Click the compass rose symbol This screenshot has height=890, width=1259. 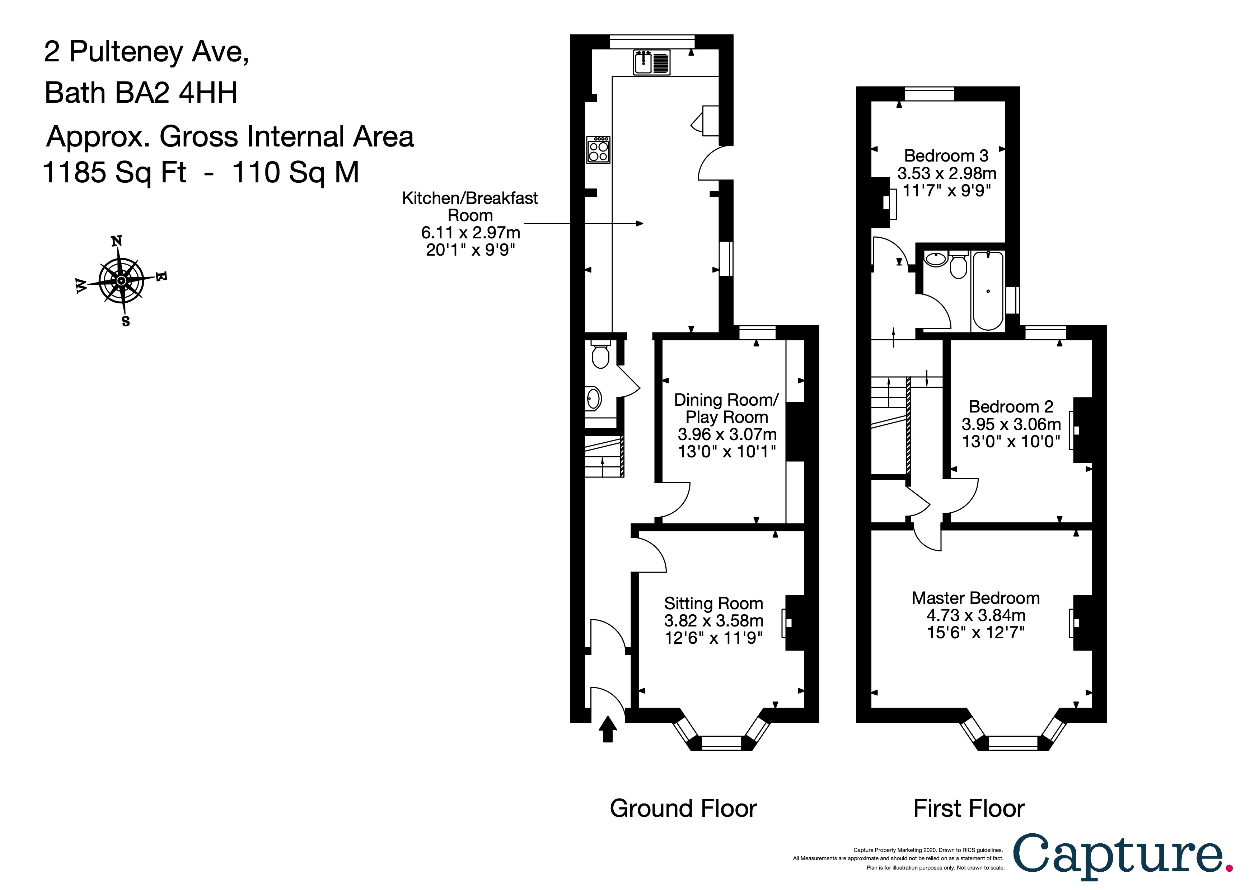click(x=121, y=281)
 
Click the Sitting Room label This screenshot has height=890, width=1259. click(x=713, y=603)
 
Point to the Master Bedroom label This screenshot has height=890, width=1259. click(x=975, y=598)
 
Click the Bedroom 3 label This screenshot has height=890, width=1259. click(x=946, y=156)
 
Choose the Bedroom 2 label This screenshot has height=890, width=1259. click(x=1011, y=406)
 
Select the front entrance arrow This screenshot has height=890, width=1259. click(x=608, y=729)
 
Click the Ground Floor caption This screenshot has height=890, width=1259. click(x=683, y=808)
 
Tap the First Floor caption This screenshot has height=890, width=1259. click(x=969, y=808)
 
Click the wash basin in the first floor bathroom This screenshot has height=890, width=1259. click(x=936, y=259)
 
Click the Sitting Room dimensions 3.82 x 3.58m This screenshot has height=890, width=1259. click(x=713, y=621)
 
